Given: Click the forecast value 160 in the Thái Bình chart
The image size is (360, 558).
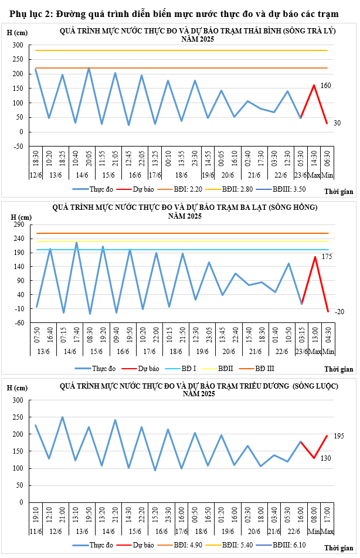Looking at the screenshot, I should (x=326, y=86).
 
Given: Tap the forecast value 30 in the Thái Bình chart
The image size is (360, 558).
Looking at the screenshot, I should (x=337, y=123).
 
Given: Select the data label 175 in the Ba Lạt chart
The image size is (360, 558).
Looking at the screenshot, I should (x=327, y=257).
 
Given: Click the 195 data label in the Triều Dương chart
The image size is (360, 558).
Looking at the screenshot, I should (x=338, y=436).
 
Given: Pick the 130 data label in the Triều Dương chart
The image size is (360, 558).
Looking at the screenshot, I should (x=327, y=458).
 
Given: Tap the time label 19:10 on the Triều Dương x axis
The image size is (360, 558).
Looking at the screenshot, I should (x=36, y=515).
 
